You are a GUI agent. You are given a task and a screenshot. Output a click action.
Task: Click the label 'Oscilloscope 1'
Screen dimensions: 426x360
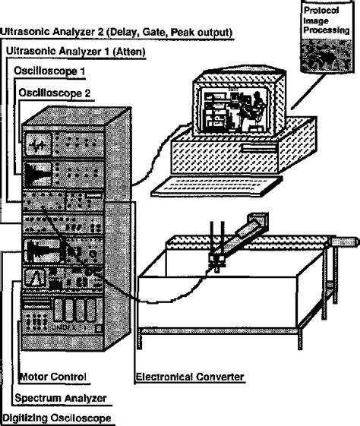click(x=51, y=70)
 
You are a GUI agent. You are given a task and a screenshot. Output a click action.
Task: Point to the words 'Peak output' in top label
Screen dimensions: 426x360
click(x=206, y=32)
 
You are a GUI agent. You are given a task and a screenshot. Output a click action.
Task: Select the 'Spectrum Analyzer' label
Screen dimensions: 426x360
click(x=59, y=397)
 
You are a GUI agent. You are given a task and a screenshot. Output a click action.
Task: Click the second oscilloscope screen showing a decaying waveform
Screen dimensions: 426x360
click(x=37, y=172)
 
